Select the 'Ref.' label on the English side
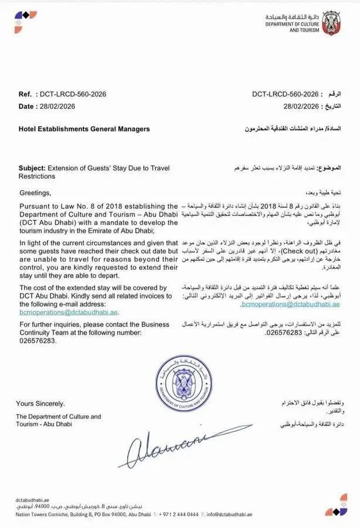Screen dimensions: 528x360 (25, 94)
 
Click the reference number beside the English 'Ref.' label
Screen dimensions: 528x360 (73, 94)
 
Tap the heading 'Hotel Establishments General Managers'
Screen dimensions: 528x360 (84, 128)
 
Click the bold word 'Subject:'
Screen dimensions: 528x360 (32, 168)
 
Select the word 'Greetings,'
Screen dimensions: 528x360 (35, 192)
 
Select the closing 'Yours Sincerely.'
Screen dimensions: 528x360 (40, 404)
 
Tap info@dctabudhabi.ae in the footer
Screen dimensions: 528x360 (230, 515)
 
